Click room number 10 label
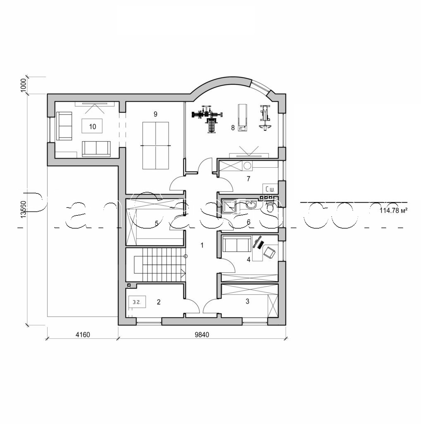[x=92, y=126]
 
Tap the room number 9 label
[x=155, y=113]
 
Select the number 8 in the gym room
[x=233, y=128]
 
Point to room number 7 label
[x=248, y=179]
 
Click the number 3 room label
[x=247, y=301]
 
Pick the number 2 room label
[x=158, y=302]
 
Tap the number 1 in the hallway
[x=202, y=245]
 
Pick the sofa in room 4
[x=236, y=244]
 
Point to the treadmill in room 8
[x=242, y=118]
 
